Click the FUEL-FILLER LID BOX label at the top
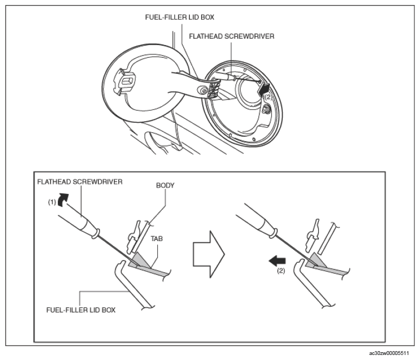[179, 17]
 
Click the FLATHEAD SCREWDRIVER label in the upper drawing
[232, 37]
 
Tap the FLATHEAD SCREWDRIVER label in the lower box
[80, 182]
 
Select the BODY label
[165, 186]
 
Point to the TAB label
[157, 238]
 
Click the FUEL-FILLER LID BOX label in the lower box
[81, 310]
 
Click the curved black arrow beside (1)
[63, 199]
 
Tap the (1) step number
[52, 202]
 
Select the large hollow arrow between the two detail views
[209, 254]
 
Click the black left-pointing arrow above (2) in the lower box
[278, 261]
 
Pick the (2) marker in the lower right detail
[281, 271]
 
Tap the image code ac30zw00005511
[389, 353]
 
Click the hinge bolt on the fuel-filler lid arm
[203, 91]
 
